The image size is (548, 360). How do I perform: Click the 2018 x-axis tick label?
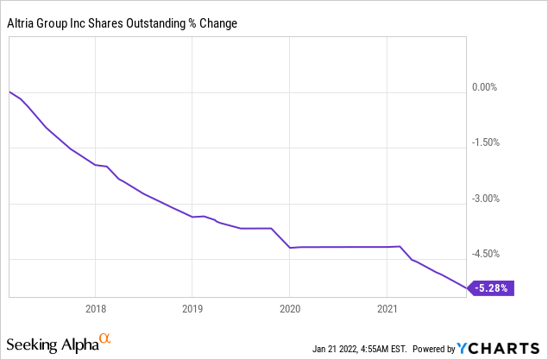point(95,308)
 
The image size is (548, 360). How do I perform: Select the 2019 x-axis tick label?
point(192,308)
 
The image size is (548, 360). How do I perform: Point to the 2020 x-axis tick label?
point(289,308)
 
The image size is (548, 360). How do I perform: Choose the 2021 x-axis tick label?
point(387,308)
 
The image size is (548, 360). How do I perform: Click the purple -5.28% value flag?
point(493,287)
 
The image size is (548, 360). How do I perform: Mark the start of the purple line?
point(9,92)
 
